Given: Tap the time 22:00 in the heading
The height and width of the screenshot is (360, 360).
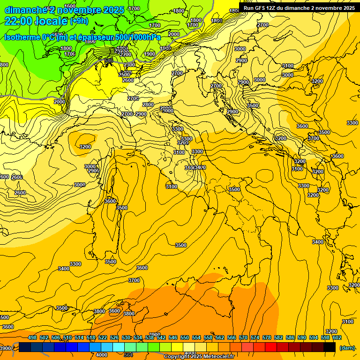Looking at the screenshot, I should [19, 21].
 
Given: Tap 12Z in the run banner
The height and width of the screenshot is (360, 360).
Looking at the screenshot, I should [272, 8].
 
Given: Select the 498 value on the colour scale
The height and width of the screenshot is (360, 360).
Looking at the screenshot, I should [32, 337].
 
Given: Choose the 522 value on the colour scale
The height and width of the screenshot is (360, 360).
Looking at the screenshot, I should [103, 337].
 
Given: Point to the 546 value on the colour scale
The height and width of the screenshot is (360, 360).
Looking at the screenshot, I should [173, 337].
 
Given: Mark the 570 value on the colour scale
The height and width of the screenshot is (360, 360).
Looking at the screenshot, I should [243, 337].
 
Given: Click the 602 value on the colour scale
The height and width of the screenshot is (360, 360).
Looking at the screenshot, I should [337, 337].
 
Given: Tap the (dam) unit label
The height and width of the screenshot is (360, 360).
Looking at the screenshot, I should [347, 348].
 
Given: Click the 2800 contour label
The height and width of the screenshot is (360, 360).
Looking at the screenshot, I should [148, 105].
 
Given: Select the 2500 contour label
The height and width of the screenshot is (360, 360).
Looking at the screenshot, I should [124, 75].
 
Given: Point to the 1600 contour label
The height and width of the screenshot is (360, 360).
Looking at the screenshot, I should [70, 6].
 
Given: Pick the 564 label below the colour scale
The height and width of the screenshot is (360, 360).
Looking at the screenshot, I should [128, 355].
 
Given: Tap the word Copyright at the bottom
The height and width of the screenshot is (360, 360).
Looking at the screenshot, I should [177, 357].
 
